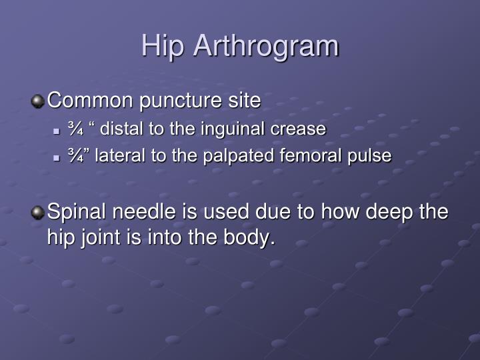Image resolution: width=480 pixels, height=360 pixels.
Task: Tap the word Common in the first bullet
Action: point(90,101)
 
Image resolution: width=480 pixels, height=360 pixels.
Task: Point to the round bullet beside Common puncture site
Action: point(38,101)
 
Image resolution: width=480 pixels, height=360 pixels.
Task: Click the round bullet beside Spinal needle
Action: point(38,213)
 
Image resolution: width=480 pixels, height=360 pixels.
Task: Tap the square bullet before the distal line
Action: point(57,131)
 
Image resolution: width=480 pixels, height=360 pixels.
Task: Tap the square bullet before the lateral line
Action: point(57,157)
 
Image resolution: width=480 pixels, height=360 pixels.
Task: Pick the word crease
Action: point(303,129)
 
